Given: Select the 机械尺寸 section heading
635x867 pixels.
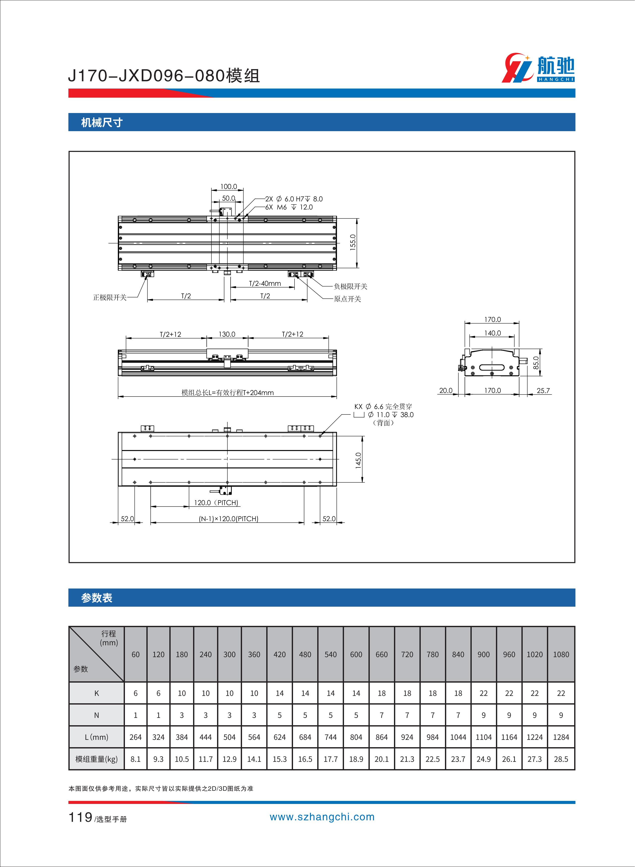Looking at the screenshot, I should pos(102,123).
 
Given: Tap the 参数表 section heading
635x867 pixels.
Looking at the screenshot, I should pos(97,598).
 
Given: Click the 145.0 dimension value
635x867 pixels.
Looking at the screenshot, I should pos(358,460).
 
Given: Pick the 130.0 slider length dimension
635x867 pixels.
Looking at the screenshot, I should pos(227,334).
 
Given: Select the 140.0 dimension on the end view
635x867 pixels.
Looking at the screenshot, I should pos(492,333).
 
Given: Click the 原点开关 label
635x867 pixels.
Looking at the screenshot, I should pos(348,299).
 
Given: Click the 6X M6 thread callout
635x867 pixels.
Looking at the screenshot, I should pos(289,207).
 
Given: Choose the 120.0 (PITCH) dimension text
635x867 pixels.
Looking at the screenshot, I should pos(216,502).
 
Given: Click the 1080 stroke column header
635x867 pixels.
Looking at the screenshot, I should pos(561,654).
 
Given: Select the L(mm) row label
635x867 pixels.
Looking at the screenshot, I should pos(96,737).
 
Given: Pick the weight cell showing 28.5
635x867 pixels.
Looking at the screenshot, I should pos(561,759).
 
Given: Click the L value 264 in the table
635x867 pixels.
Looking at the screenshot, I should pos(135,737).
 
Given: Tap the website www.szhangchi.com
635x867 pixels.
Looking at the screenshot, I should pos(322,817).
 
